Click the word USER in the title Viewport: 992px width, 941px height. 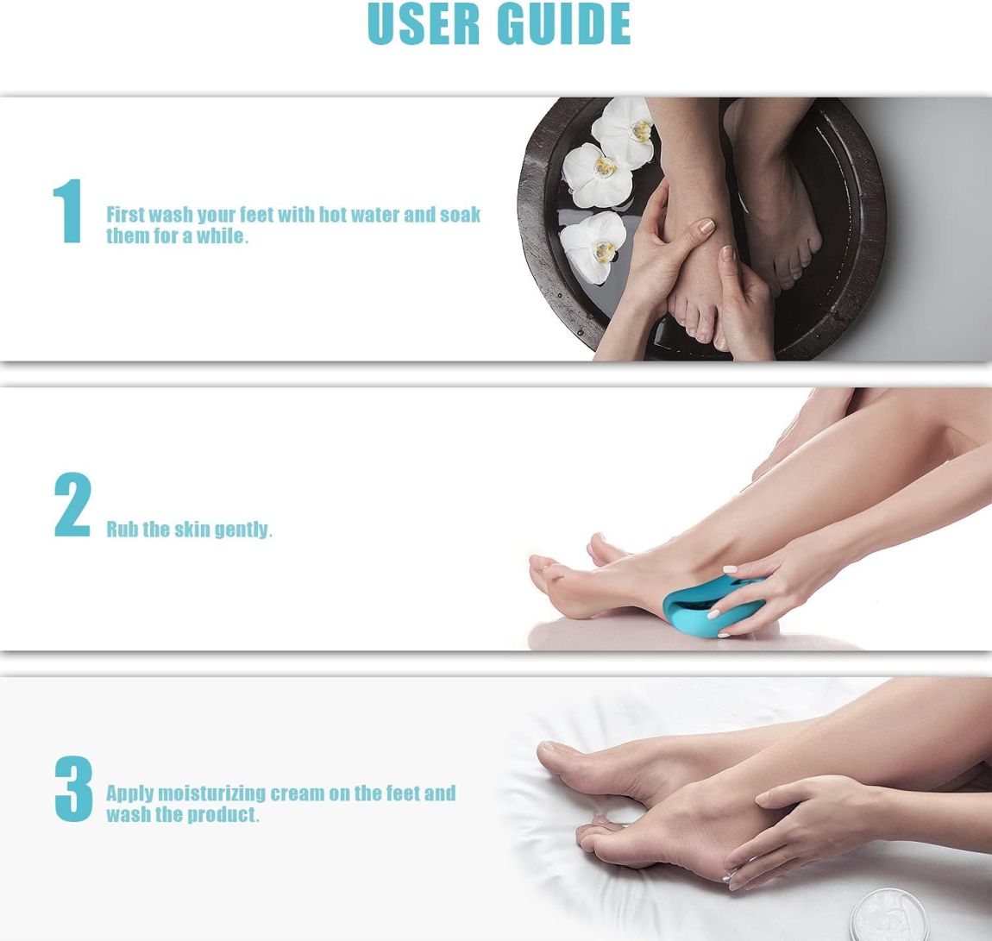point(424,23)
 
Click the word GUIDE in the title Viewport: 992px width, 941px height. point(563,23)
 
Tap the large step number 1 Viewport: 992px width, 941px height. point(68,210)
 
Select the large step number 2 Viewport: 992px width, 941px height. point(72,505)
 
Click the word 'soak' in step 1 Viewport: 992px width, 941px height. point(461,215)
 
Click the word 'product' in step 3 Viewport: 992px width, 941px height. point(223,815)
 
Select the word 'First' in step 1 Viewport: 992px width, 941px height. point(125,215)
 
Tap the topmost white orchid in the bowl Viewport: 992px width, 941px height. point(625,132)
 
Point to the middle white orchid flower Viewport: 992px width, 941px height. point(597,175)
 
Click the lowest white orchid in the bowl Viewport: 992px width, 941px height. point(593,247)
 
